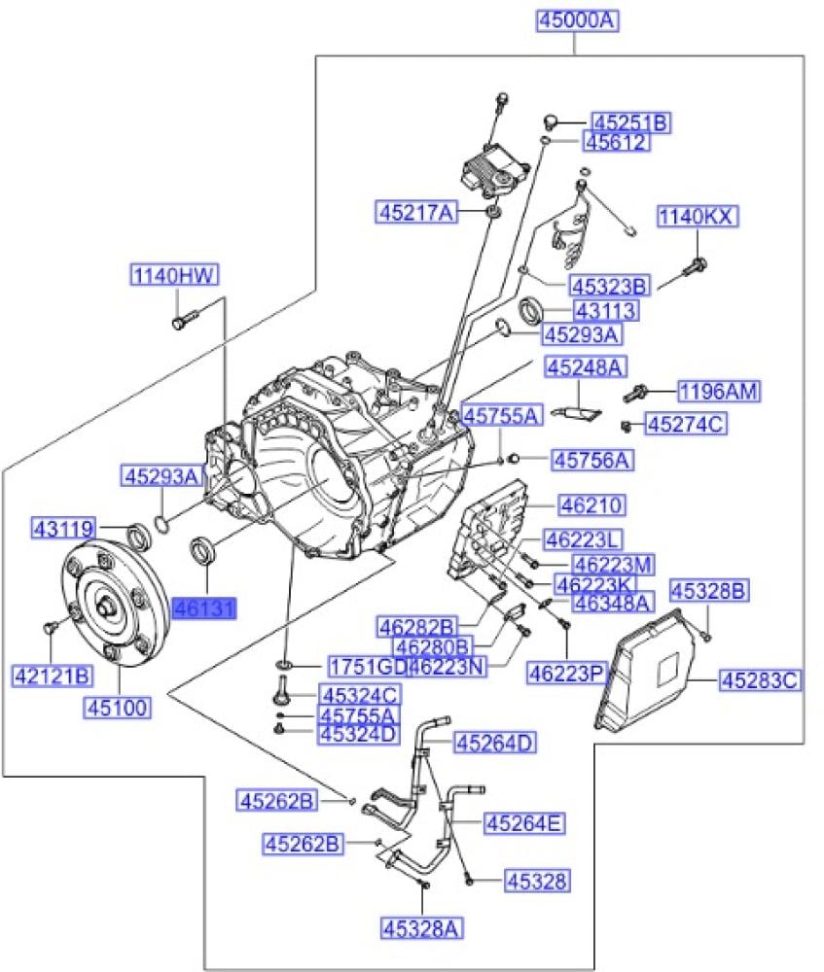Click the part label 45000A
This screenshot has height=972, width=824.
(x=578, y=19)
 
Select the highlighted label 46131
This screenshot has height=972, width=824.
(x=204, y=609)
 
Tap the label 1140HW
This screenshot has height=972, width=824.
(x=175, y=275)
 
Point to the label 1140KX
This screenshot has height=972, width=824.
(x=699, y=217)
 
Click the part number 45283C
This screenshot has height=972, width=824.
(x=760, y=680)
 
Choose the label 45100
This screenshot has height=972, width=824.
(x=118, y=708)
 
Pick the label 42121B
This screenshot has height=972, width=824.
(x=53, y=676)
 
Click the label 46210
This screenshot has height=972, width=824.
(x=591, y=504)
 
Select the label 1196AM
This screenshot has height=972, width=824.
(x=719, y=391)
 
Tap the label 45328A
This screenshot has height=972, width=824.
(x=422, y=928)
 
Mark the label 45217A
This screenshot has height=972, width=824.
(x=416, y=213)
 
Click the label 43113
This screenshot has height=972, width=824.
(x=606, y=310)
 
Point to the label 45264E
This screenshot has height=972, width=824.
(x=525, y=823)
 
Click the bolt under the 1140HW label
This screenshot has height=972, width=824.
(x=183, y=321)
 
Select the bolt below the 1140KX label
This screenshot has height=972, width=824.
(x=694, y=268)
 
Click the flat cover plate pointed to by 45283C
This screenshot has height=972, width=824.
(x=645, y=670)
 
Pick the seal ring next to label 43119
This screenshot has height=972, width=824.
(x=138, y=536)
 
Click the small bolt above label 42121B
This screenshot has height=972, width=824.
(x=51, y=626)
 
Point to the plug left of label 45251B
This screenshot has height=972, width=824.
(x=548, y=121)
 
